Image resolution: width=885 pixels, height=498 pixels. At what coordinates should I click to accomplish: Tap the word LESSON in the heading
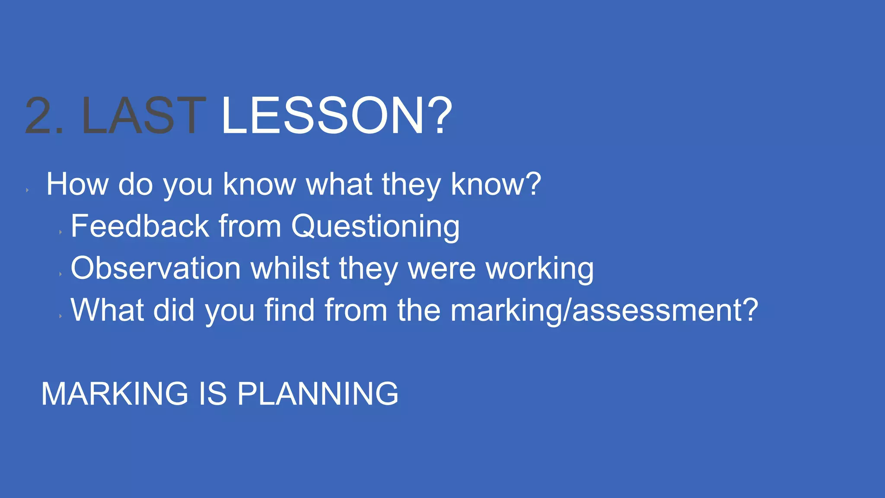pyautogui.click(x=322, y=116)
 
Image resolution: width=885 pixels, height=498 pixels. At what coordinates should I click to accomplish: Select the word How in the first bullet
pyautogui.click(x=77, y=185)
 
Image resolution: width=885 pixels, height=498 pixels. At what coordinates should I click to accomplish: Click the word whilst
pyautogui.click(x=290, y=268)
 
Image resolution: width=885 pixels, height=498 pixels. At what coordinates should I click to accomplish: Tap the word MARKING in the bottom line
pyautogui.click(x=115, y=394)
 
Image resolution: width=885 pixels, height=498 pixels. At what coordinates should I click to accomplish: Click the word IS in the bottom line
pyautogui.click(x=213, y=394)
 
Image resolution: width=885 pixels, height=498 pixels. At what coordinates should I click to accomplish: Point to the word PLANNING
pyautogui.click(x=318, y=394)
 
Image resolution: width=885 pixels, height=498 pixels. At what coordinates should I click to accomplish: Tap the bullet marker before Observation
pyautogui.click(x=60, y=274)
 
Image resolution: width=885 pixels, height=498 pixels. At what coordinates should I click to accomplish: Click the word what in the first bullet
pyautogui.click(x=339, y=185)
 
